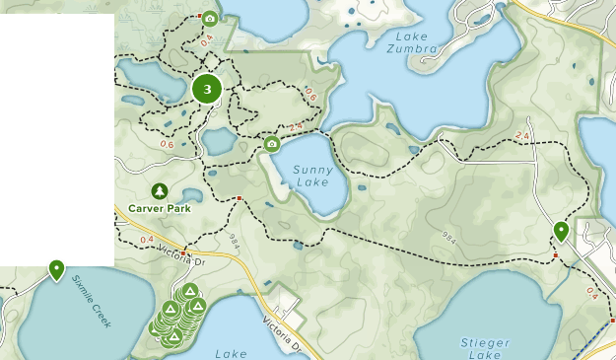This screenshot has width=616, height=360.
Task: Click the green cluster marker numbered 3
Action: (x=207, y=89)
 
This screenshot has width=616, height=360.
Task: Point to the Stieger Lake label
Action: (x=485, y=349)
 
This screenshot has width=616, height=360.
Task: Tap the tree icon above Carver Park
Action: (x=158, y=190)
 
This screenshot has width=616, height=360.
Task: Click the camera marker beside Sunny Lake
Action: (x=271, y=145)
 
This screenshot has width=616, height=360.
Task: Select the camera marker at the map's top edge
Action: (x=209, y=18)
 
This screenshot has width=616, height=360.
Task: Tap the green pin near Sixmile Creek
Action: (x=56, y=268)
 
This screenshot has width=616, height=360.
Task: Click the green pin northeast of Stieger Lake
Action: (x=561, y=232)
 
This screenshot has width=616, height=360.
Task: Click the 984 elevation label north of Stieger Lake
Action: (x=449, y=238)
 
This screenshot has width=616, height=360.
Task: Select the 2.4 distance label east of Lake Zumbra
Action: (x=522, y=135)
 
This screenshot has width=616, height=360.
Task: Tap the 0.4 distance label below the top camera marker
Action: (x=206, y=42)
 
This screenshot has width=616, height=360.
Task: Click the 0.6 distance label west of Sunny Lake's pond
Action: (x=166, y=145)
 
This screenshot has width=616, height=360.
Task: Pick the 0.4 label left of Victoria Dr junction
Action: (x=148, y=240)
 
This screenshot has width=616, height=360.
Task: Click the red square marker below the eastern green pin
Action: (x=556, y=255)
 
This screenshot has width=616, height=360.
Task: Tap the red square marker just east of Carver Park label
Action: (x=240, y=198)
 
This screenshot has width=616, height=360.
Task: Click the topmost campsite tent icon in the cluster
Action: (x=189, y=291)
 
